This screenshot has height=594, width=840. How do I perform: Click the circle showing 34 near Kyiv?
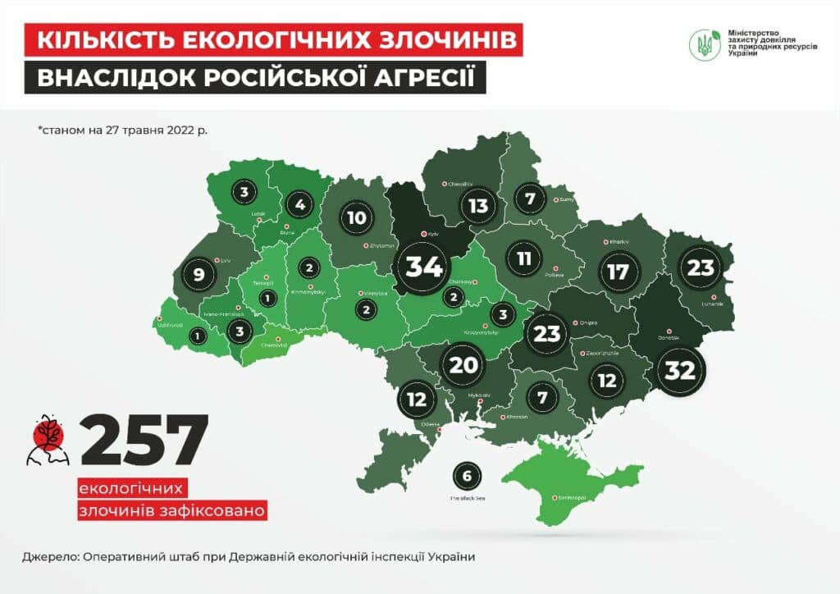tap(425, 267)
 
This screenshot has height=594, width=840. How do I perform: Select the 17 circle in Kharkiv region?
tap(617, 271)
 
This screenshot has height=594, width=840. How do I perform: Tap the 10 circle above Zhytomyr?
tap(357, 218)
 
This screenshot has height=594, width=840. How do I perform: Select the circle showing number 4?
tap(300, 204)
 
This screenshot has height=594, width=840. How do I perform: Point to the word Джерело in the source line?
tap(53, 556)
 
